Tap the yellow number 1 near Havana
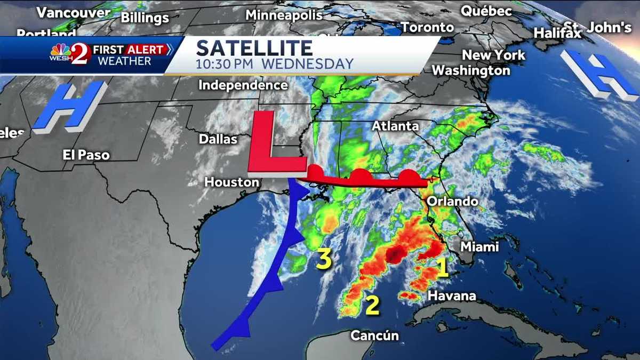(442, 268)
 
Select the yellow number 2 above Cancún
(372, 305)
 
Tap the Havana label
(452, 295)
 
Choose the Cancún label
(374, 335)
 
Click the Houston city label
(231, 182)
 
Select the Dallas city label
(218, 139)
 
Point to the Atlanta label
(395, 126)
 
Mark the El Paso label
(86, 155)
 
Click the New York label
(493, 55)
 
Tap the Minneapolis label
(283, 15)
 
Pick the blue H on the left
(69, 107)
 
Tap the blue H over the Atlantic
(599, 75)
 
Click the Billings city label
(145, 18)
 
